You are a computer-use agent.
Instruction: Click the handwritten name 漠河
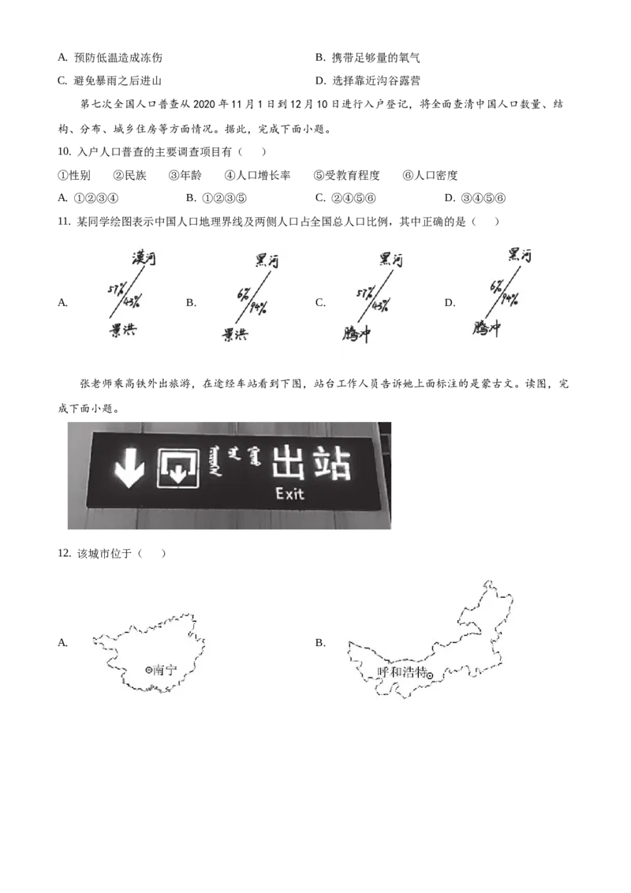tap(144, 257)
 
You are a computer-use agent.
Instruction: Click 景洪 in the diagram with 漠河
tap(122, 330)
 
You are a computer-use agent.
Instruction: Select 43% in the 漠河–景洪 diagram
tap(131, 300)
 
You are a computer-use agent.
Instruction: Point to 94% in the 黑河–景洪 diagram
tap(258, 307)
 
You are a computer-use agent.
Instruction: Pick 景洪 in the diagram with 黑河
tap(234, 334)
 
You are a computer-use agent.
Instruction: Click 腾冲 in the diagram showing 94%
tap(487, 327)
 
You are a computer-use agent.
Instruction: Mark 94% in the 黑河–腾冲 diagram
tap(509, 298)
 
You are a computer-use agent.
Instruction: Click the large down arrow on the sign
tap(129, 468)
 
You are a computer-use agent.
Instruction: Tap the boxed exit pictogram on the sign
tap(177, 468)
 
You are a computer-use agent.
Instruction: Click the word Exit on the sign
tap(289, 495)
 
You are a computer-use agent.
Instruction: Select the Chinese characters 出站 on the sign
tap(310, 464)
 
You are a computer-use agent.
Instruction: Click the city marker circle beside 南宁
tap(148, 670)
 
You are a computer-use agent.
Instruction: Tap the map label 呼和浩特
tap(401, 673)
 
